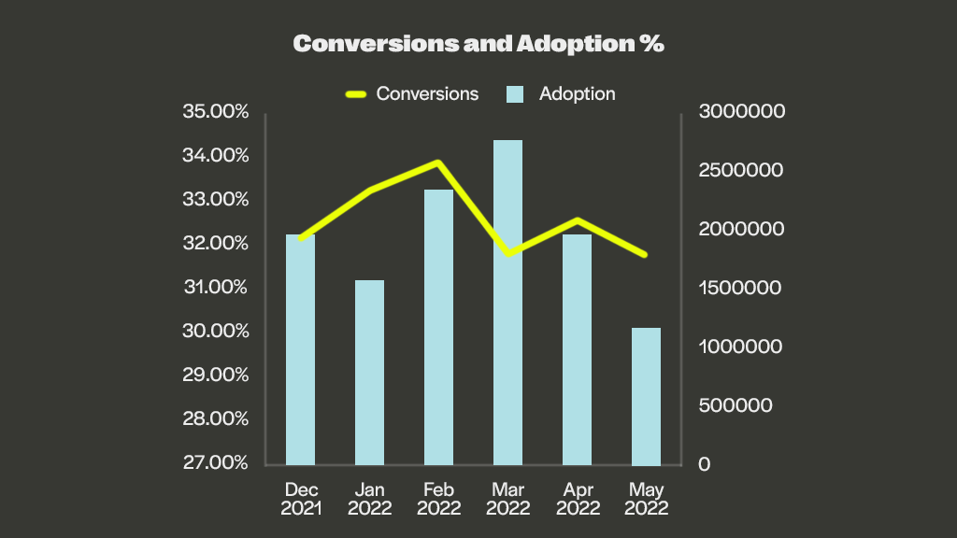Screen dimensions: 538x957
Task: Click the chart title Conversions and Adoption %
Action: [x=478, y=44]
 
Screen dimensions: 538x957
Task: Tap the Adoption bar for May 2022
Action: [x=646, y=396]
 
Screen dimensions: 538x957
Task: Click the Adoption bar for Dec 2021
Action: [x=300, y=349]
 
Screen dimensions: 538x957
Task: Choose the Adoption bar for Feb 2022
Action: [x=438, y=327]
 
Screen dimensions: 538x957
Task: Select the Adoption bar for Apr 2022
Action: [x=577, y=349]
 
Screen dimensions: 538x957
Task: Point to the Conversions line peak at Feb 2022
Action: [x=437, y=163]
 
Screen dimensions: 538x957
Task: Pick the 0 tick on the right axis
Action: [x=704, y=464]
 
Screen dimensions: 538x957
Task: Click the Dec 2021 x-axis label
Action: [x=301, y=499]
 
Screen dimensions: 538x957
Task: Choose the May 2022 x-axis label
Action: [x=647, y=499]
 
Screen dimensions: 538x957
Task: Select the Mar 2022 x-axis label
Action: [x=507, y=499]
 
